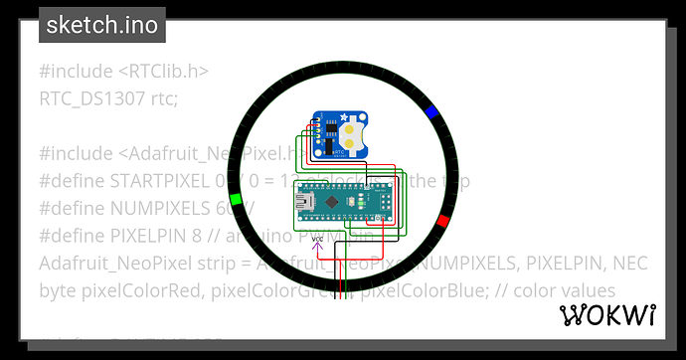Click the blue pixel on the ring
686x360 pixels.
[x=431, y=112]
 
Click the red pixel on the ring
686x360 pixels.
[x=443, y=221]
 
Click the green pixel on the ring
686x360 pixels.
[x=236, y=199]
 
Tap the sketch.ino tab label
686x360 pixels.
[x=102, y=25]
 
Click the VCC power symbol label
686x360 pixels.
[x=319, y=240]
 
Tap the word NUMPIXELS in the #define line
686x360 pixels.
[x=152, y=209]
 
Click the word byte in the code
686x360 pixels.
[x=58, y=291]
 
